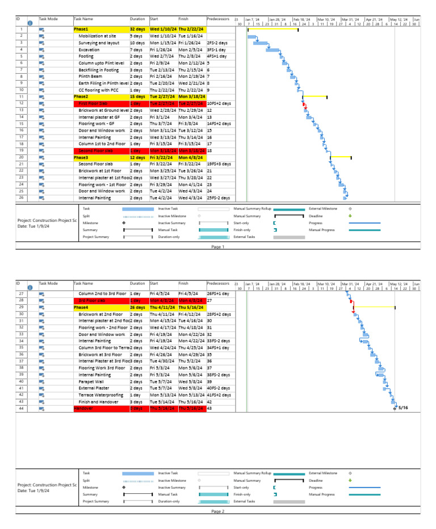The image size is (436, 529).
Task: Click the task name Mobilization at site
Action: [97, 36]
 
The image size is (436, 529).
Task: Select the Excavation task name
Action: [90, 49]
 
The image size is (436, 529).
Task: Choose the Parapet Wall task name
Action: [92, 381]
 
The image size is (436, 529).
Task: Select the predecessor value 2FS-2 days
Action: [219, 43]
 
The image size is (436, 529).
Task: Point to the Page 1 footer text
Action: [218, 247]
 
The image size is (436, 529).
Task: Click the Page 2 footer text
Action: [218, 511]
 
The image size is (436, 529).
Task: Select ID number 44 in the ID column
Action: [21, 408]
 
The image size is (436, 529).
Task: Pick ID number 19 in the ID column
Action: [21, 150]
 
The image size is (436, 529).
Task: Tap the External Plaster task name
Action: [94, 388]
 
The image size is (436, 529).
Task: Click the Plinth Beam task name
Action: [91, 76]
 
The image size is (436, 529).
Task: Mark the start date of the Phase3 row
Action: [163, 157]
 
